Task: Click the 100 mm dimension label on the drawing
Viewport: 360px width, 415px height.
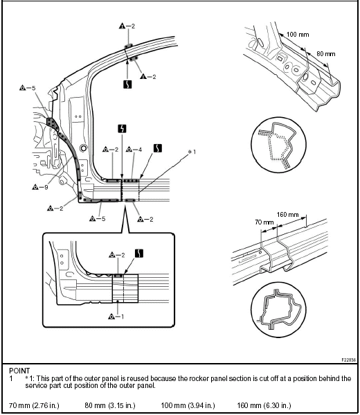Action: (298, 35)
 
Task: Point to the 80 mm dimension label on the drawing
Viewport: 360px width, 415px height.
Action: (326, 54)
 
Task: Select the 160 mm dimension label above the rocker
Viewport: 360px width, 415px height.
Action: (288, 214)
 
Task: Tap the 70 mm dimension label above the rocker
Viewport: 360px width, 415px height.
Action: (264, 222)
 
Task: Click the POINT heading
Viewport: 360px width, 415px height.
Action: (19, 371)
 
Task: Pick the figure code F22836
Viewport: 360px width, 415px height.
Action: (349, 360)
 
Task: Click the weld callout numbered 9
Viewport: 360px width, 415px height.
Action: (40, 187)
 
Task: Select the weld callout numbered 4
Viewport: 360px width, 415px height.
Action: (134, 150)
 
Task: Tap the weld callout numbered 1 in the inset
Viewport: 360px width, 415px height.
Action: (116, 317)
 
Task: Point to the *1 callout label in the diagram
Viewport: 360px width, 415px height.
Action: (192, 152)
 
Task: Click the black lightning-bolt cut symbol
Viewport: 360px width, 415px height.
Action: (122, 129)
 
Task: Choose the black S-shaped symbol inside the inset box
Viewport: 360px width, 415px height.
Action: (139, 254)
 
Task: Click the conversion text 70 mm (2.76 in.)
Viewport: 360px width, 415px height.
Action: (34, 405)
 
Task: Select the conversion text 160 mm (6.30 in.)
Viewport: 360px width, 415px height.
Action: (264, 405)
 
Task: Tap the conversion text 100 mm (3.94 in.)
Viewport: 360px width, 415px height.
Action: (188, 405)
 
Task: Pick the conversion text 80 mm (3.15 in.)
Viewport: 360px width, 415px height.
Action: (110, 405)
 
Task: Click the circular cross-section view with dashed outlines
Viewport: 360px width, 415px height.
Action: (278, 145)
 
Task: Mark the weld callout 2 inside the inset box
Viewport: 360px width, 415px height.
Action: (116, 255)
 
